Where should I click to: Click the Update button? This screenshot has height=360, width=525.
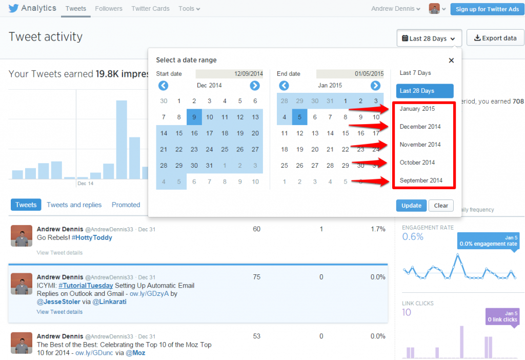tap(411, 205)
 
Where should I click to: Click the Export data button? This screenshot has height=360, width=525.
tap(495, 38)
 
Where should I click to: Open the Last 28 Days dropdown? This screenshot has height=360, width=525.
tap(429, 38)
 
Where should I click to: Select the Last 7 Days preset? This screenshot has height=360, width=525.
tap(415, 73)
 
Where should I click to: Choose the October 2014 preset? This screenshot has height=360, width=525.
tap(417, 163)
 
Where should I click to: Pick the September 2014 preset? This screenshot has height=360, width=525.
tap(421, 181)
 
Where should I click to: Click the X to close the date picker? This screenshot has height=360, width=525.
tap(451, 61)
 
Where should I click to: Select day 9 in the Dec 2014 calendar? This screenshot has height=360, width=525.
tap(194, 117)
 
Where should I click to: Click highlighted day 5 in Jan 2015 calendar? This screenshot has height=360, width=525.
tap(300, 117)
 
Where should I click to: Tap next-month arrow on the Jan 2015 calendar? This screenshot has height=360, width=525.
tap(375, 86)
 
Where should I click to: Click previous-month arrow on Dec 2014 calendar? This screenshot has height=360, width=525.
tap(163, 86)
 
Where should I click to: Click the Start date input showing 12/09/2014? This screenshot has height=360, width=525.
tap(229, 74)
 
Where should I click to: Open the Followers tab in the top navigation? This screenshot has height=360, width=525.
tap(109, 9)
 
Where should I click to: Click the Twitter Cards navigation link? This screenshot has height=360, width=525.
tap(150, 9)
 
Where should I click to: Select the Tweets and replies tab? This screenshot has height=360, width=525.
tap(74, 205)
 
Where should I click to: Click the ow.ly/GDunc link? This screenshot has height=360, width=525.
tap(103, 353)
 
